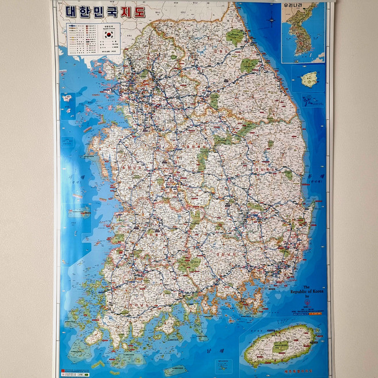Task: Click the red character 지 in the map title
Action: tap(124, 11)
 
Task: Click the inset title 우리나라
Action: tap(292, 7)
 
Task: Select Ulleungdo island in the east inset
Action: tap(310, 79)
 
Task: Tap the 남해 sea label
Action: tap(209, 348)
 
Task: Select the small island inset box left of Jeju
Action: tap(223, 365)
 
